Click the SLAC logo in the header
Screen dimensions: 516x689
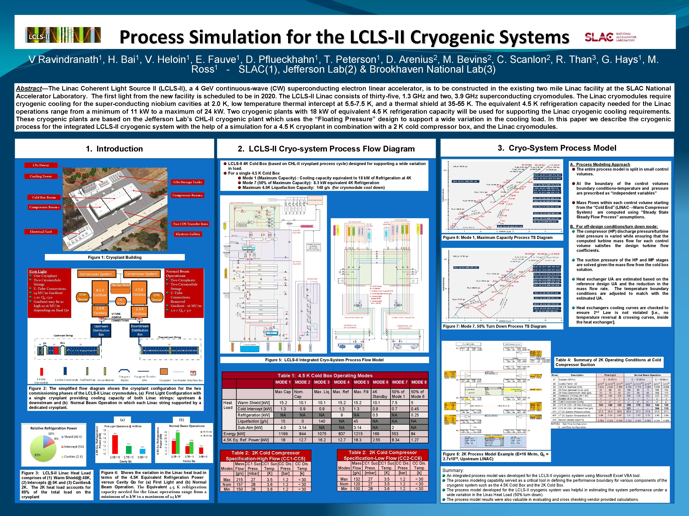(610, 37)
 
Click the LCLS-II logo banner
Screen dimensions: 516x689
(63, 35)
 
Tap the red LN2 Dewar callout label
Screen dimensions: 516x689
(41, 165)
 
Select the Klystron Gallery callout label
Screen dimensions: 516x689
(188, 234)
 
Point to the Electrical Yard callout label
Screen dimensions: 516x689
(41, 231)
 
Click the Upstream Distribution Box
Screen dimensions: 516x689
(101, 330)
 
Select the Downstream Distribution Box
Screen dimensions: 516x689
(140, 330)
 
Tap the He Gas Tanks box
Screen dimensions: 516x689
(121, 285)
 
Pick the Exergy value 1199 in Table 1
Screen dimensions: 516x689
(283, 434)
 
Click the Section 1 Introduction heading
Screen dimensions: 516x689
(114, 149)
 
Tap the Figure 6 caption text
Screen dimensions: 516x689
(497, 237)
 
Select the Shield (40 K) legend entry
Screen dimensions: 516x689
(73, 437)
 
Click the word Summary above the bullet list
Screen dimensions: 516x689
(453, 470)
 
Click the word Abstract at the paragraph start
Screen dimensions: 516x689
(29, 88)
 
